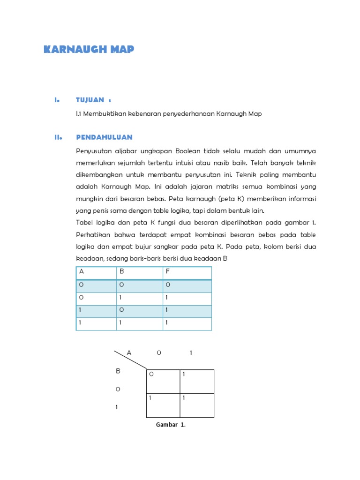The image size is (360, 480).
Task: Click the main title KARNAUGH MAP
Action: pos(89,50)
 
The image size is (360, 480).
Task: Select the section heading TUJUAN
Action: pos(91,100)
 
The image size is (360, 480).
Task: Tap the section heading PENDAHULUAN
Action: pos(104,137)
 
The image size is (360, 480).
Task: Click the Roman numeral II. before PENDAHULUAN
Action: pos(58,137)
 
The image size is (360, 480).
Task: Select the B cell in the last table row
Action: pos(121,323)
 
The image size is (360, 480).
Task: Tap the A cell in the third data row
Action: pos(81,310)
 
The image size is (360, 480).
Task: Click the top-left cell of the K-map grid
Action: pos(163,381)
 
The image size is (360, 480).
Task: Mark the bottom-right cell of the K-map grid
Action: pos(197,405)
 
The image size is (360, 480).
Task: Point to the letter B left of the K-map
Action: pos(118,371)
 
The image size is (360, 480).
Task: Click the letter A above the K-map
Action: pos(129,352)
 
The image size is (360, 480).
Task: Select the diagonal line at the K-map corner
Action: pos(130,359)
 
